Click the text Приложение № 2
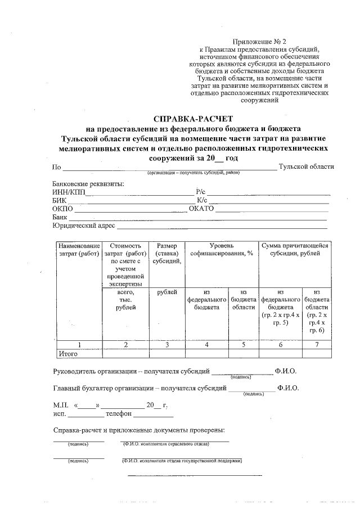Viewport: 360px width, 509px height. (x=259, y=42)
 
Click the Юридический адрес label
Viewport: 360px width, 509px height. (x=84, y=226)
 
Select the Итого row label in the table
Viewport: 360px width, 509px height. (x=67, y=353)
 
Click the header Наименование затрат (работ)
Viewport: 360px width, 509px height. (x=79, y=250)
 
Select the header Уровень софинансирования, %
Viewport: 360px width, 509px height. (x=222, y=250)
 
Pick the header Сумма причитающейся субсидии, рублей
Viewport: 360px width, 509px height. (x=294, y=250)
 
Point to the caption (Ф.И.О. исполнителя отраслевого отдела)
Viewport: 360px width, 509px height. (x=166, y=444)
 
